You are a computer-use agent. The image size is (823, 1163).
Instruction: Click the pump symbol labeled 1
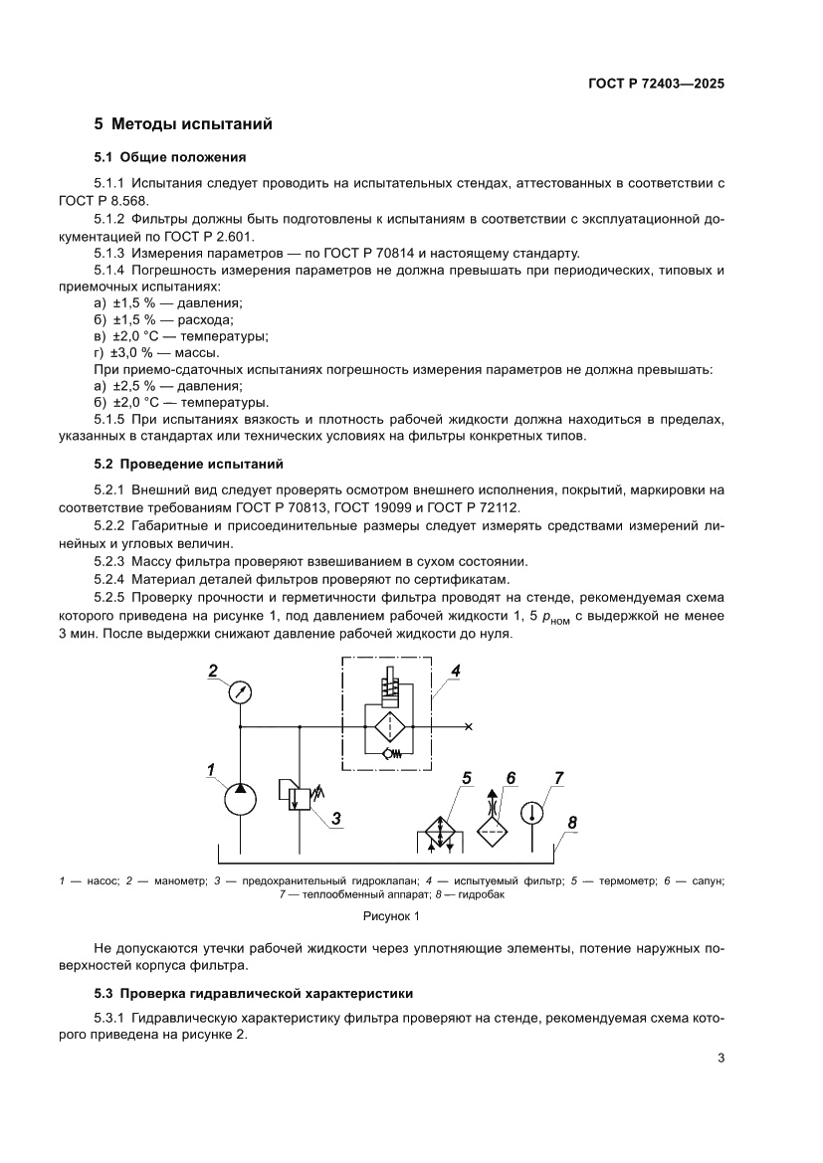point(240,797)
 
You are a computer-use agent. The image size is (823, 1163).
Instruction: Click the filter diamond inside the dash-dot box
point(387,725)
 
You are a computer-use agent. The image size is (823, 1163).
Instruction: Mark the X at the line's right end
point(469,726)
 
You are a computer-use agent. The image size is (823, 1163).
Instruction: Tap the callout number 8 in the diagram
point(571,822)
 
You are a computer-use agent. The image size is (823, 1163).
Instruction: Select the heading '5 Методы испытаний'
point(183,124)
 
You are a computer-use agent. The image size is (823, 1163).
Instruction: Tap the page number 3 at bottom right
point(720,1058)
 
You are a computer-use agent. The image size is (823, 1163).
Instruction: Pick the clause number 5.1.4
point(111,271)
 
